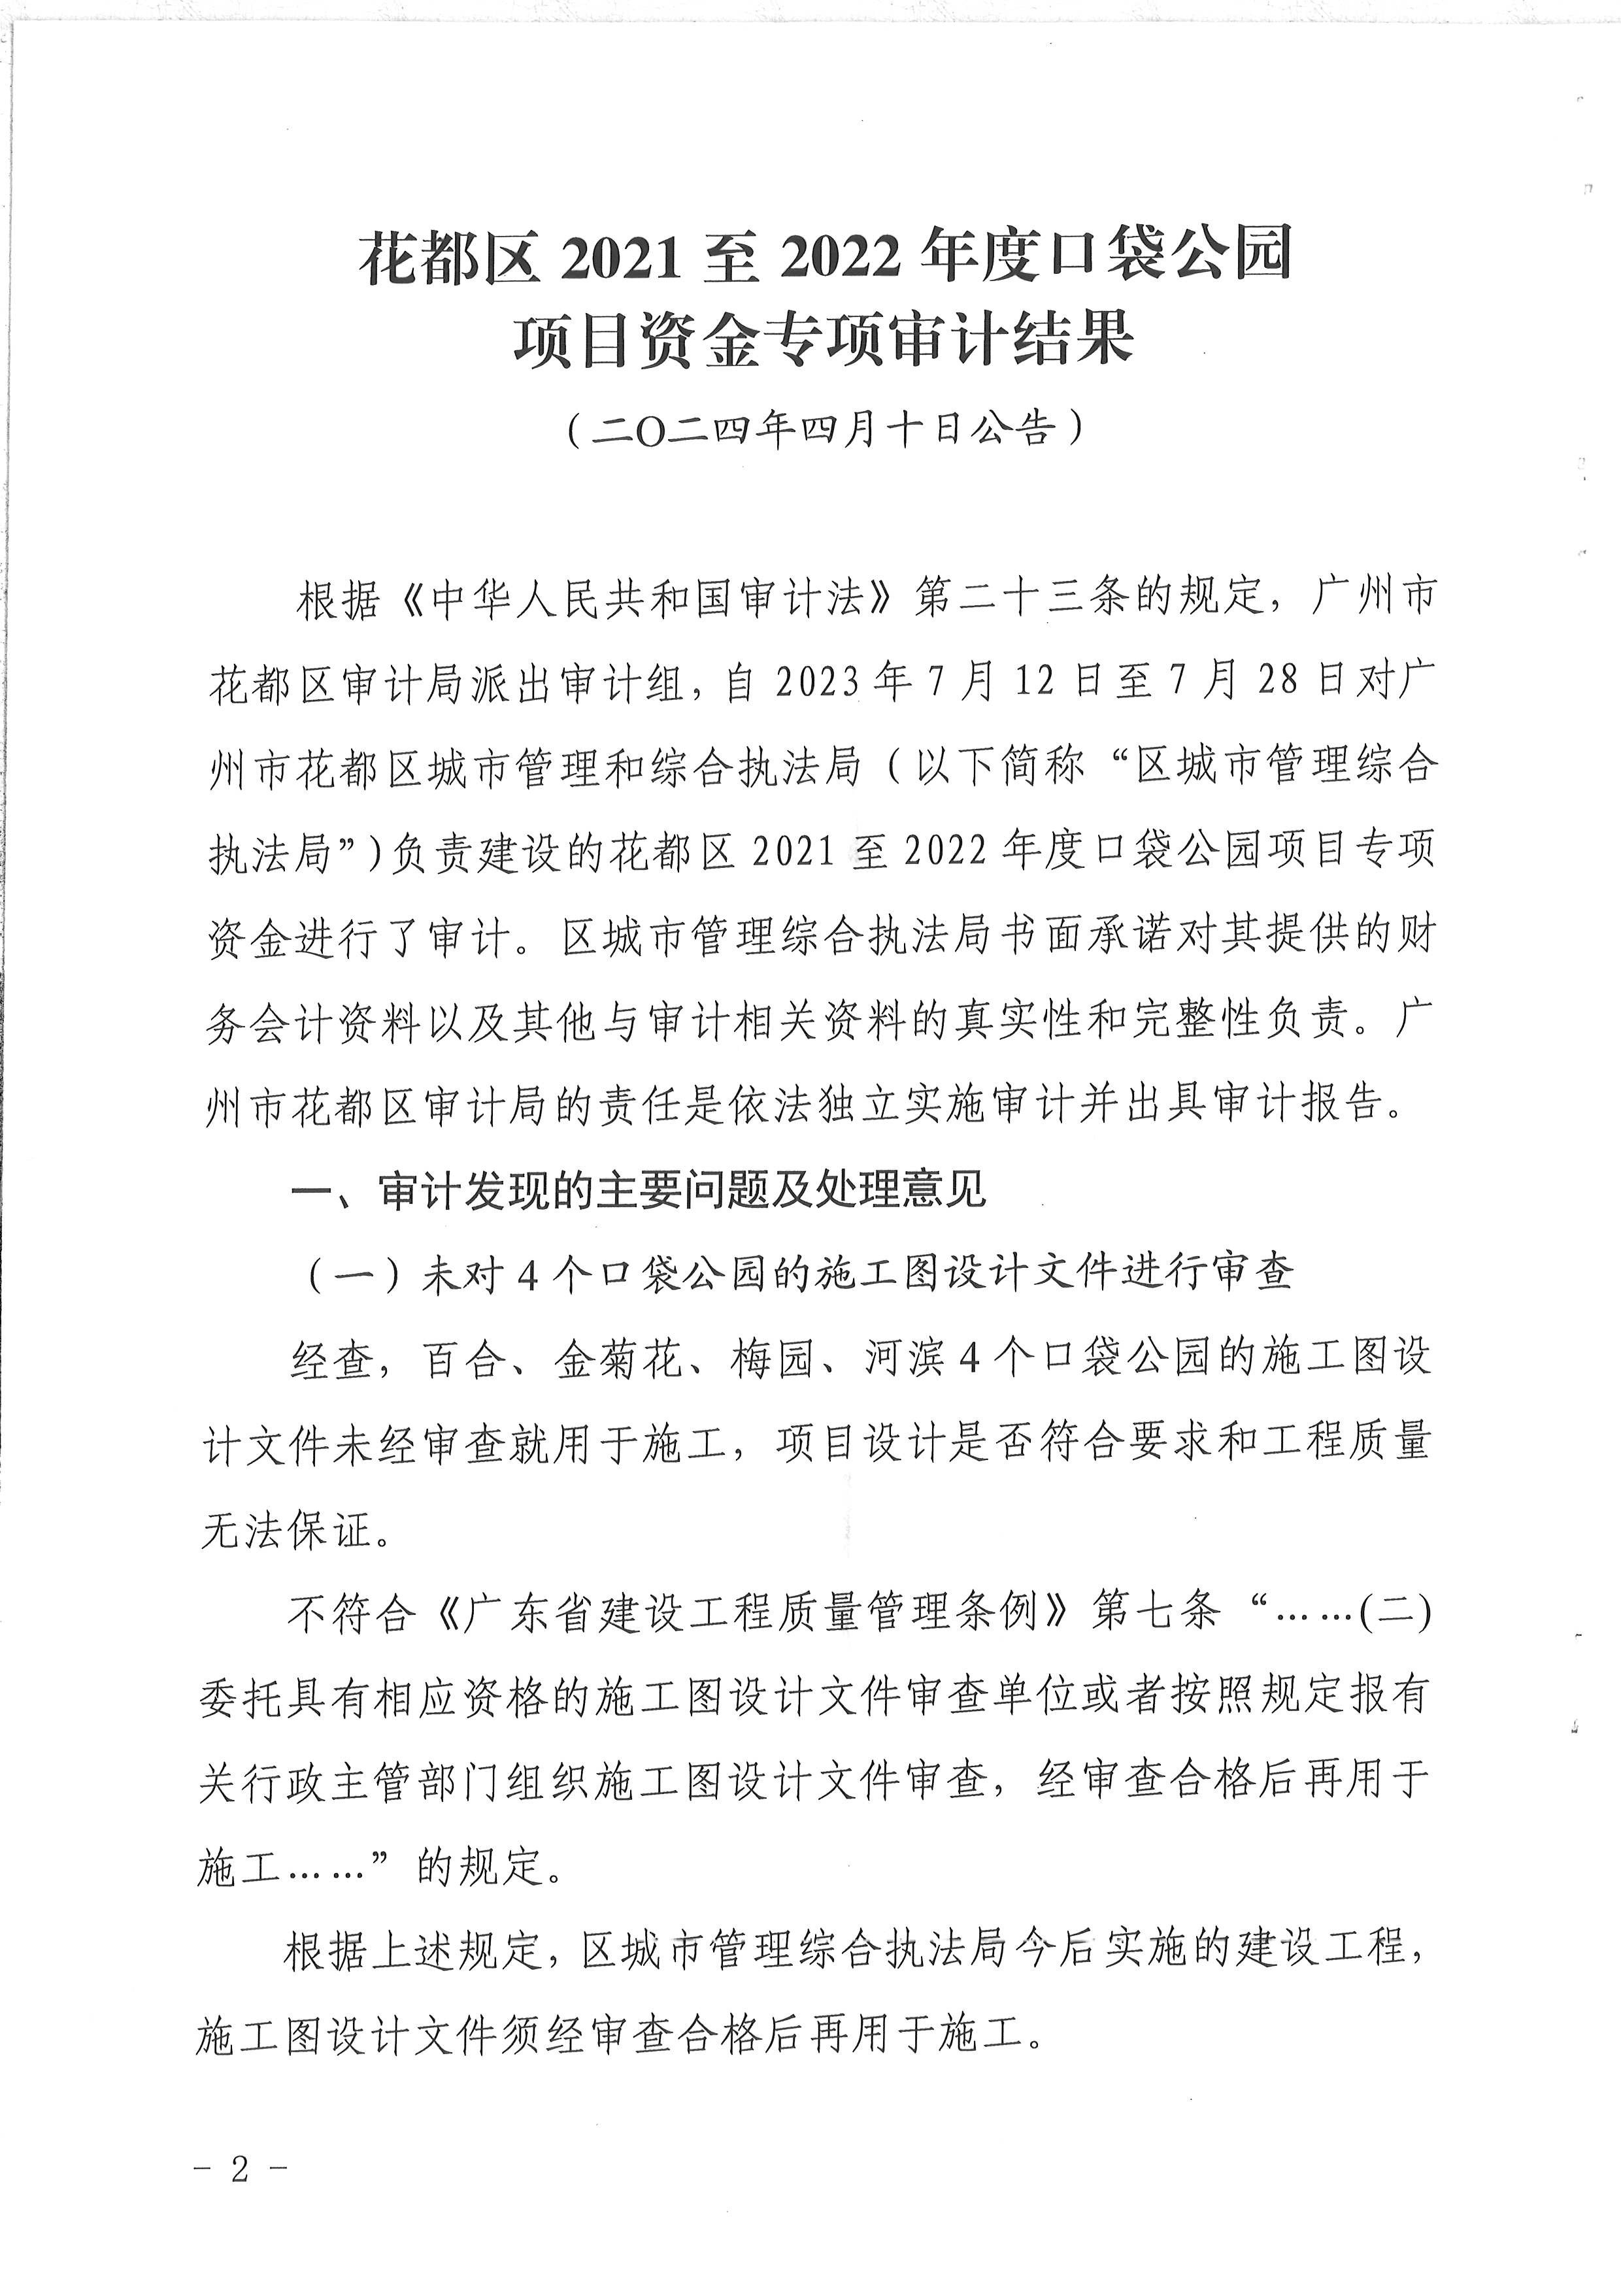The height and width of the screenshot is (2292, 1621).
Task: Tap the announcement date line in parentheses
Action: click(824, 430)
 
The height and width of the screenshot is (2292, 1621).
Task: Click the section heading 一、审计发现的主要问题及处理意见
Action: click(639, 1189)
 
